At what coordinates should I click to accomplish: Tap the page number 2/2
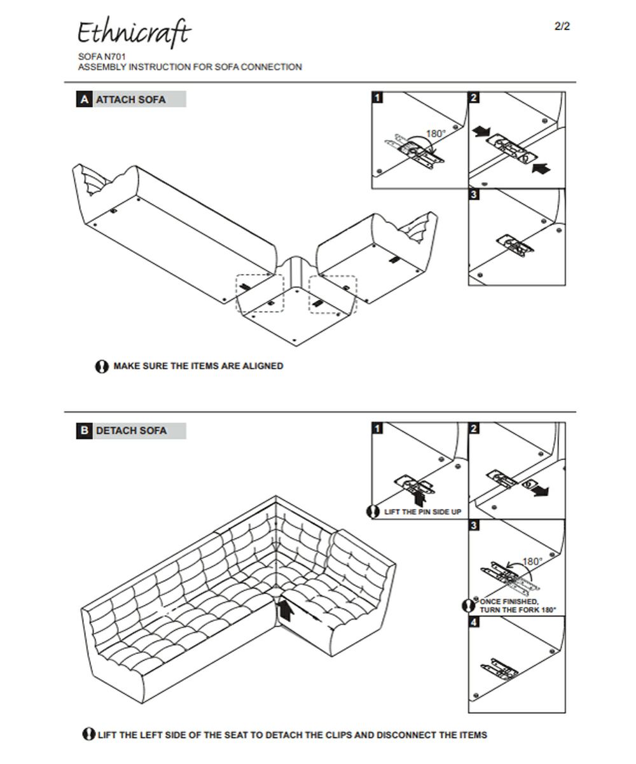[562, 26]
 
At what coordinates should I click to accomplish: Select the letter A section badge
[84, 100]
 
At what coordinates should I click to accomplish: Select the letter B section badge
[84, 431]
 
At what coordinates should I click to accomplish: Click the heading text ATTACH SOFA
[130, 100]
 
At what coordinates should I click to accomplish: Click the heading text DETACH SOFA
[131, 431]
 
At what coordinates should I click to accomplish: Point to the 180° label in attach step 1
[436, 134]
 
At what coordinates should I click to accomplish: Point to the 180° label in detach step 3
[532, 562]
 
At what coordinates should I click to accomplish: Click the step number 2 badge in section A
[474, 98]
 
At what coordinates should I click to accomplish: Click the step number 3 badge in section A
[474, 195]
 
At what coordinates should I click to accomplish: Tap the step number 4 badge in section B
[474, 622]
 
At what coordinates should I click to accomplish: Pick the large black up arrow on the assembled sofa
[286, 610]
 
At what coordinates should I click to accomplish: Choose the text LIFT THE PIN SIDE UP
[423, 511]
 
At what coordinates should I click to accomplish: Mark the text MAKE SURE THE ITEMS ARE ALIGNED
[198, 366]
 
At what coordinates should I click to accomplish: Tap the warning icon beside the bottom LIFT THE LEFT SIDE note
[88, 734]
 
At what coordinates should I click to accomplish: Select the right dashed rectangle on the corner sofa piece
[333, 295]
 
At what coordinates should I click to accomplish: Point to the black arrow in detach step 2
[541, 492]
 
